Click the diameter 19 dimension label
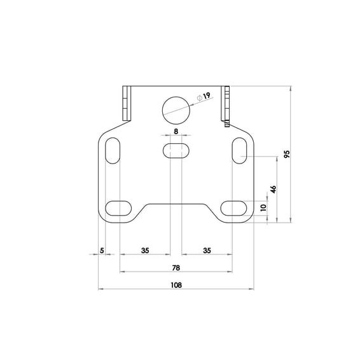tap(204, 97)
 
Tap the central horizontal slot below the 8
tap(176, 151)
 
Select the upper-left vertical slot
tap(113, 151)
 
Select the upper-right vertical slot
tap(239, 151)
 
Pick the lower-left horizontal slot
tap(118, 208)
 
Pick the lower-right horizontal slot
tap(233, 208)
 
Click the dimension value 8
tap(176, 132)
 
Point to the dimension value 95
tap(287, 154)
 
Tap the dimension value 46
tap(273, 189)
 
